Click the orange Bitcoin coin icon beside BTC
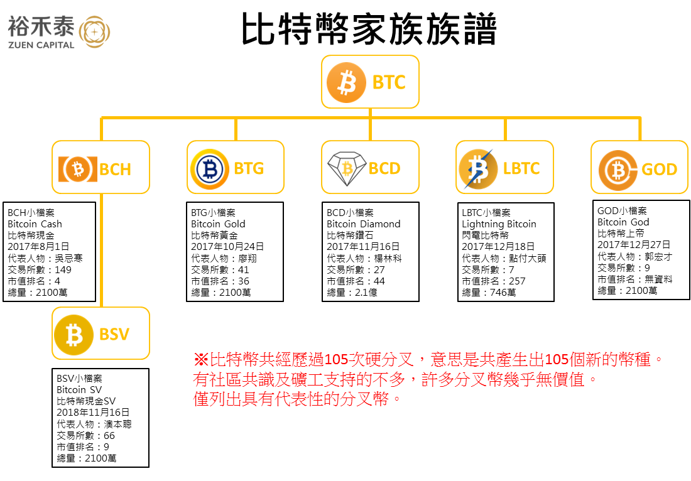click(x=346, y=82)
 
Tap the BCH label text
click(x=116, y=169)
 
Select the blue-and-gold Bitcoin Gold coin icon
click(x=210, y=169)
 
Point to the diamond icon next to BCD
click(x=347, y=168)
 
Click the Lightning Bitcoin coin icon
click(x=478, y=169)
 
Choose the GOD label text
click(x=659, y=169)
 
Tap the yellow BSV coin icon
click(x=73, y=335)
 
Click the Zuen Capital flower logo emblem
click(x=94, y=32)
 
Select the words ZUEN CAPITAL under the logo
click(x=41, y=45)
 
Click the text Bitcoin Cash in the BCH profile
click(x=35, y=224)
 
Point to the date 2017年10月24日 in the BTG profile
click(x=227, y=246)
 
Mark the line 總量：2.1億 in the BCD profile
click(x=352, y=292)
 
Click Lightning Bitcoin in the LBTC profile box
click(x=499, y=224)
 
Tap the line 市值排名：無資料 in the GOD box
click(x=635, y=279)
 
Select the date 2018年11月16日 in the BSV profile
click(x=93, y=412)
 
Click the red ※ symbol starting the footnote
click(x=201, y=359)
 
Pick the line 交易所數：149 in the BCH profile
click(x=39, y=269)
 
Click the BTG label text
click(x=249, y=168)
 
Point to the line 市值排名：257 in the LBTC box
click(x=494, y=281)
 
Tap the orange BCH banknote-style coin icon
click(x=77, y=169)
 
